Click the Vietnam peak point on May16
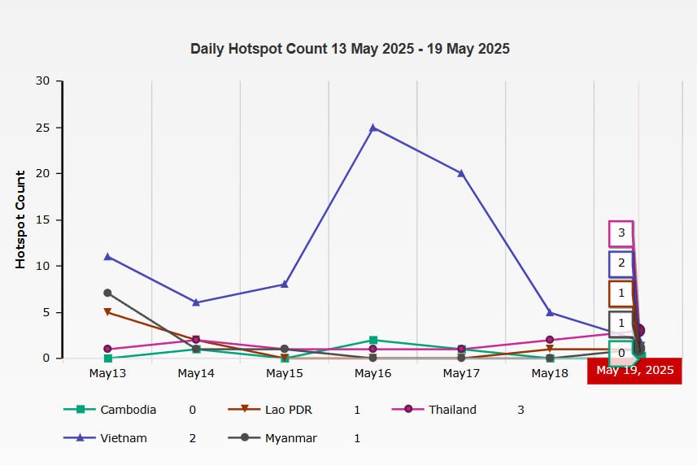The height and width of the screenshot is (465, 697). (x=373, y=128)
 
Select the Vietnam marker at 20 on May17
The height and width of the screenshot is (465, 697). (x=461, y=173)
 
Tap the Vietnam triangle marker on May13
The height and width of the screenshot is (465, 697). (x=107, y=256)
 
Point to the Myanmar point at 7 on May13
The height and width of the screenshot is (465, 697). (x=107, y=293)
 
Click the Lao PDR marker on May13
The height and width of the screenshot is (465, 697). (x=107, y=311)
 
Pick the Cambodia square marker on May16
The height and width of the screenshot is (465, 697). (x=373, y=340)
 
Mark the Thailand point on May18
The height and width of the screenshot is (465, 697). (x=550, y=340)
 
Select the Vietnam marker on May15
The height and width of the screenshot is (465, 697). (x=285, y=284)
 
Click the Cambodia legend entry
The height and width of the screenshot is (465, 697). (x=128, y=410)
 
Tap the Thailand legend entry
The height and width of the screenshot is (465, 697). (x=452, y=410)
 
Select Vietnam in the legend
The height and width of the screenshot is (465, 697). (x=124, y=438)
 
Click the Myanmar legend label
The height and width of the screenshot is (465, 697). (x=290, y=438)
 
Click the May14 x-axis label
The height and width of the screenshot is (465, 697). (x=196, y=373)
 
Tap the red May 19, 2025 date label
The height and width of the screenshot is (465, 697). (x=635, y=371)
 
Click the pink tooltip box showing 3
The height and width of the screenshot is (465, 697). (x=621, y=233)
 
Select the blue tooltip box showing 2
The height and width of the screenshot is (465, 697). (x=621, y=263)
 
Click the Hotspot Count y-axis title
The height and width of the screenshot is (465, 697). (x=21, y=219)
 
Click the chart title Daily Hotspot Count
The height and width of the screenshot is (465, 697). (x=350, y=49)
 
